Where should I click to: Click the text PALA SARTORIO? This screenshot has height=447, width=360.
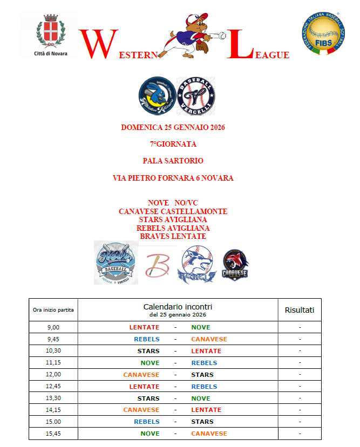173,161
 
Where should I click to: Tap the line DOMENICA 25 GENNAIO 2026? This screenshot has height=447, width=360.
173,128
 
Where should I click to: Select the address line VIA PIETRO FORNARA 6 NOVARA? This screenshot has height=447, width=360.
173,178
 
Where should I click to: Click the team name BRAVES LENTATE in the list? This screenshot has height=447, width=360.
173,236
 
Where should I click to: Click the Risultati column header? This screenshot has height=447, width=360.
300,310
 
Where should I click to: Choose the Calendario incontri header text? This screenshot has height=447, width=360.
178,307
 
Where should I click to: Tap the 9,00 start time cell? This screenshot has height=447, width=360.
53,327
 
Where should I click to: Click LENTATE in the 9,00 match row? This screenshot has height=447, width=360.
144,327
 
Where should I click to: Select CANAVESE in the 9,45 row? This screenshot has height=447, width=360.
209,339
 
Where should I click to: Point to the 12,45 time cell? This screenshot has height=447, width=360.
53,387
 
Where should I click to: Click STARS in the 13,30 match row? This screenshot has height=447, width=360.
148,398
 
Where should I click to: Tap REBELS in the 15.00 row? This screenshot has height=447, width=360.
147,422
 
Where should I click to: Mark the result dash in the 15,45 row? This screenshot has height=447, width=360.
300,434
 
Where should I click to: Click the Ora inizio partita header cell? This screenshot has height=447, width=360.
53,310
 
